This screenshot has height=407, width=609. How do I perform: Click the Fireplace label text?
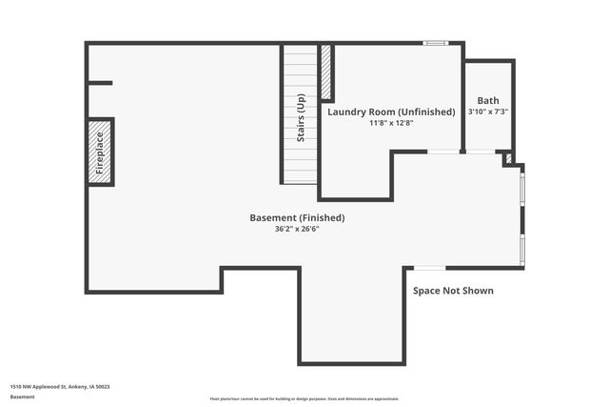click(100, 152)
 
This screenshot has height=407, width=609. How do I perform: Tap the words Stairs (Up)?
click(301, 117)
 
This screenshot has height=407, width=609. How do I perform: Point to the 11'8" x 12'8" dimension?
click(391, 123)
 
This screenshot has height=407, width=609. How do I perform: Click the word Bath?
click(488, 100)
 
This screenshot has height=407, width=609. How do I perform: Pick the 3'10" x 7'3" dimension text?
click(488, 112)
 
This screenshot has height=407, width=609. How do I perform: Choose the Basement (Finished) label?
click(297, 217)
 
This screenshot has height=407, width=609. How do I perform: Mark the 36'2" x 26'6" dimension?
click(297, 229)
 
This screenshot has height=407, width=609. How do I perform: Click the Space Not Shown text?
click(453, 290)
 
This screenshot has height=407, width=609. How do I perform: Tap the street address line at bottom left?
click(60, 386)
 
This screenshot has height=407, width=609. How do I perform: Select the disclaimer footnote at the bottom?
click(304, 398)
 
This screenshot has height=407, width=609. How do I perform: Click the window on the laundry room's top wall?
click(436, 42)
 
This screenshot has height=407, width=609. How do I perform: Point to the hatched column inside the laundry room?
click(326, 72)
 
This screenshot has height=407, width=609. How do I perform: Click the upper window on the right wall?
click(521, 187)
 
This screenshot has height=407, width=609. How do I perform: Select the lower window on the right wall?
click(521, 249)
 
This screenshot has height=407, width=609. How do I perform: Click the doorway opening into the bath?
click(481, 152)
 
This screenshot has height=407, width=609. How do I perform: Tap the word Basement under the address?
click(22, 396)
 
